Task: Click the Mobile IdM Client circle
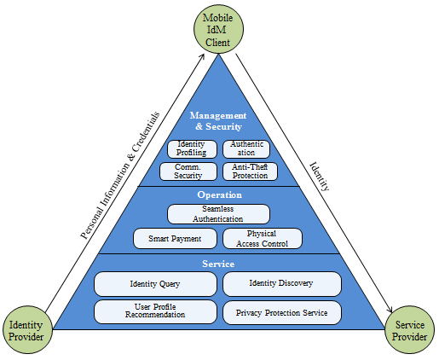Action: (218, 29)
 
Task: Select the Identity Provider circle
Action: (27, 330)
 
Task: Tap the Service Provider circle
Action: (409, 330)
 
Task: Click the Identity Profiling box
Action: (192, 148)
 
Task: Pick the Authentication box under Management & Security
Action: (246, 148)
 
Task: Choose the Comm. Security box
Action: (188, 171)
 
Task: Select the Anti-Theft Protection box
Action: (250, 171)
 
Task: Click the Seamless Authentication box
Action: (218, 214)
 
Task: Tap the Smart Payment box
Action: (175, 238)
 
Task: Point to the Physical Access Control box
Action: (263, 238)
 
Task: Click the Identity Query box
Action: (155, 284)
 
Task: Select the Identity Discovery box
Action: (282, 284)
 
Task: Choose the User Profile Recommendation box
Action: (155, 311)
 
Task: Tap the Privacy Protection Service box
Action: (282, 312)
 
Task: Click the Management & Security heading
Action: (218, 121)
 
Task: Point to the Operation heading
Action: (220, 195)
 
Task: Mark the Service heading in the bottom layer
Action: (218, 264)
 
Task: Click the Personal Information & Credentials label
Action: (120, 176)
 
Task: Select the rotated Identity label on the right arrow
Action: (320, 177)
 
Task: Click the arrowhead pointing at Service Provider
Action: (390, 310)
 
